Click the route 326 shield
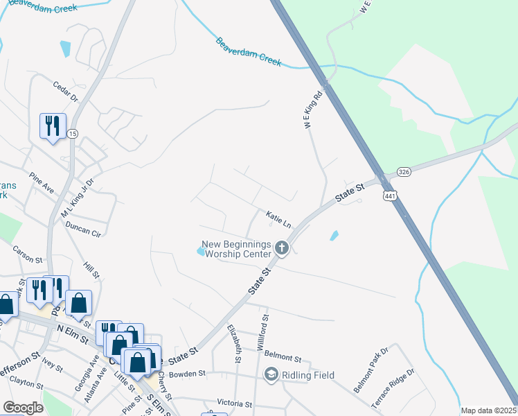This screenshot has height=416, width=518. [405, 171]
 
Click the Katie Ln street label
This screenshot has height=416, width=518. [278, 219]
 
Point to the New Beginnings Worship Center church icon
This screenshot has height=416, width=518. [282, 248]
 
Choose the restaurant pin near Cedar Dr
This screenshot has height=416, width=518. [53, 126]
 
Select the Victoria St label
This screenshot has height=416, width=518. [234, 404]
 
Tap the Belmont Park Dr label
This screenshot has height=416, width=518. [372, 375]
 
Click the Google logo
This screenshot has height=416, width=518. [23, 408]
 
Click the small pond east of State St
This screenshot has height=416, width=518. [334, 235]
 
